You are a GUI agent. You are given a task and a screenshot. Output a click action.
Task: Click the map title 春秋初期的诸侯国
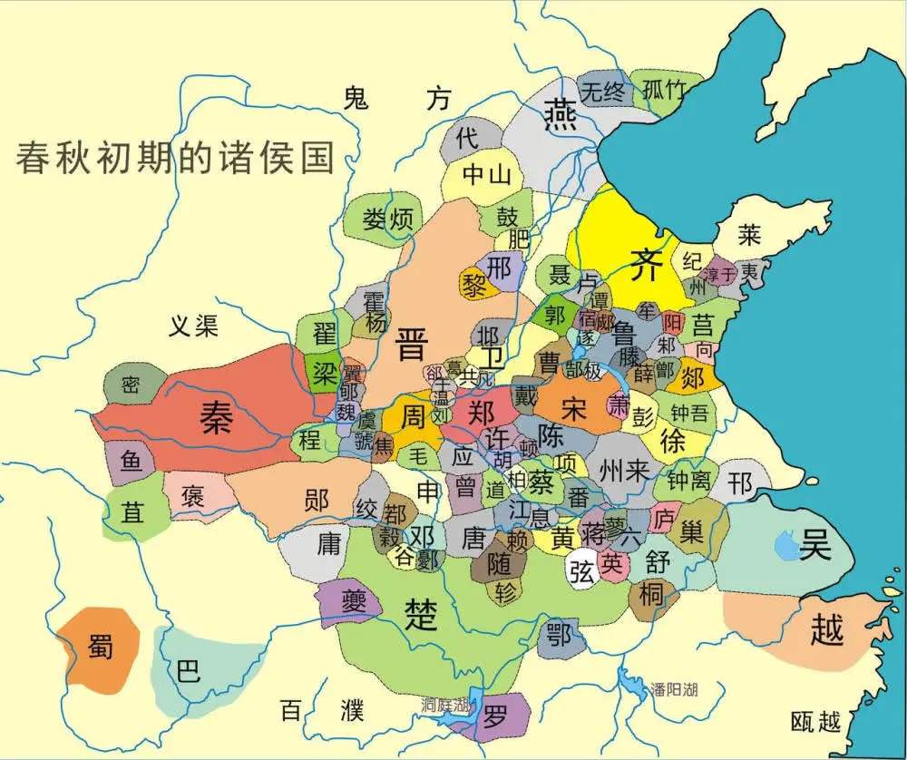pyautogui.click(x=175, y=156)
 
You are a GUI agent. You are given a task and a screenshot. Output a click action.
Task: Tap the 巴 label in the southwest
pyautogui.click(x=188, y=671)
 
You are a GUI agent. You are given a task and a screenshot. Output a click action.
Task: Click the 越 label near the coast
pyautogui.click(x=826, y=628)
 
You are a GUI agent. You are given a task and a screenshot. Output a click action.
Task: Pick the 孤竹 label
pyautogui.click(x=661, y=90)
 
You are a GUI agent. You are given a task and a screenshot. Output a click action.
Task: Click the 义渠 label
pyautogui.click(x=193, y=326)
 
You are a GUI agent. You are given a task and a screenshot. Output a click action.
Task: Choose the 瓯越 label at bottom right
pyautogui.click(x=816, y=722)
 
